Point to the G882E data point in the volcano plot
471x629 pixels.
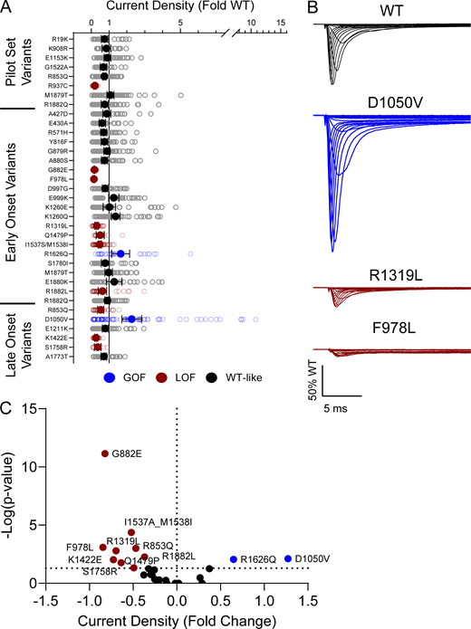click(x=104, y=453)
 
